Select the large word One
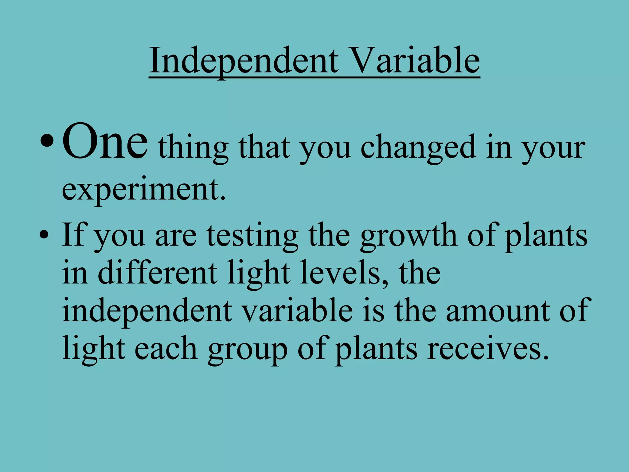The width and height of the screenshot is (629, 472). (x=105, y=142)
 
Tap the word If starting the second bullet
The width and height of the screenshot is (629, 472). (x=74, y=235)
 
